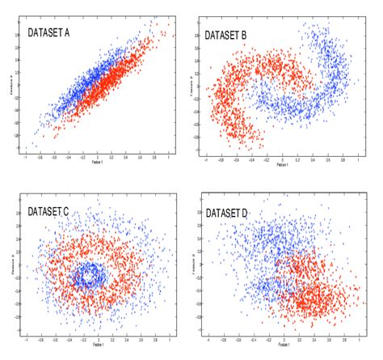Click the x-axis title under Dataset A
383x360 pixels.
click(x=98, y=162)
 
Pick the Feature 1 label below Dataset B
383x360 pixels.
click(x=282, y=165)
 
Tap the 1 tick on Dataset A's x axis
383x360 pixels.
click(x=169, y=157)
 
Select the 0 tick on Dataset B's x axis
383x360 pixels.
click(x=282, y=160)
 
